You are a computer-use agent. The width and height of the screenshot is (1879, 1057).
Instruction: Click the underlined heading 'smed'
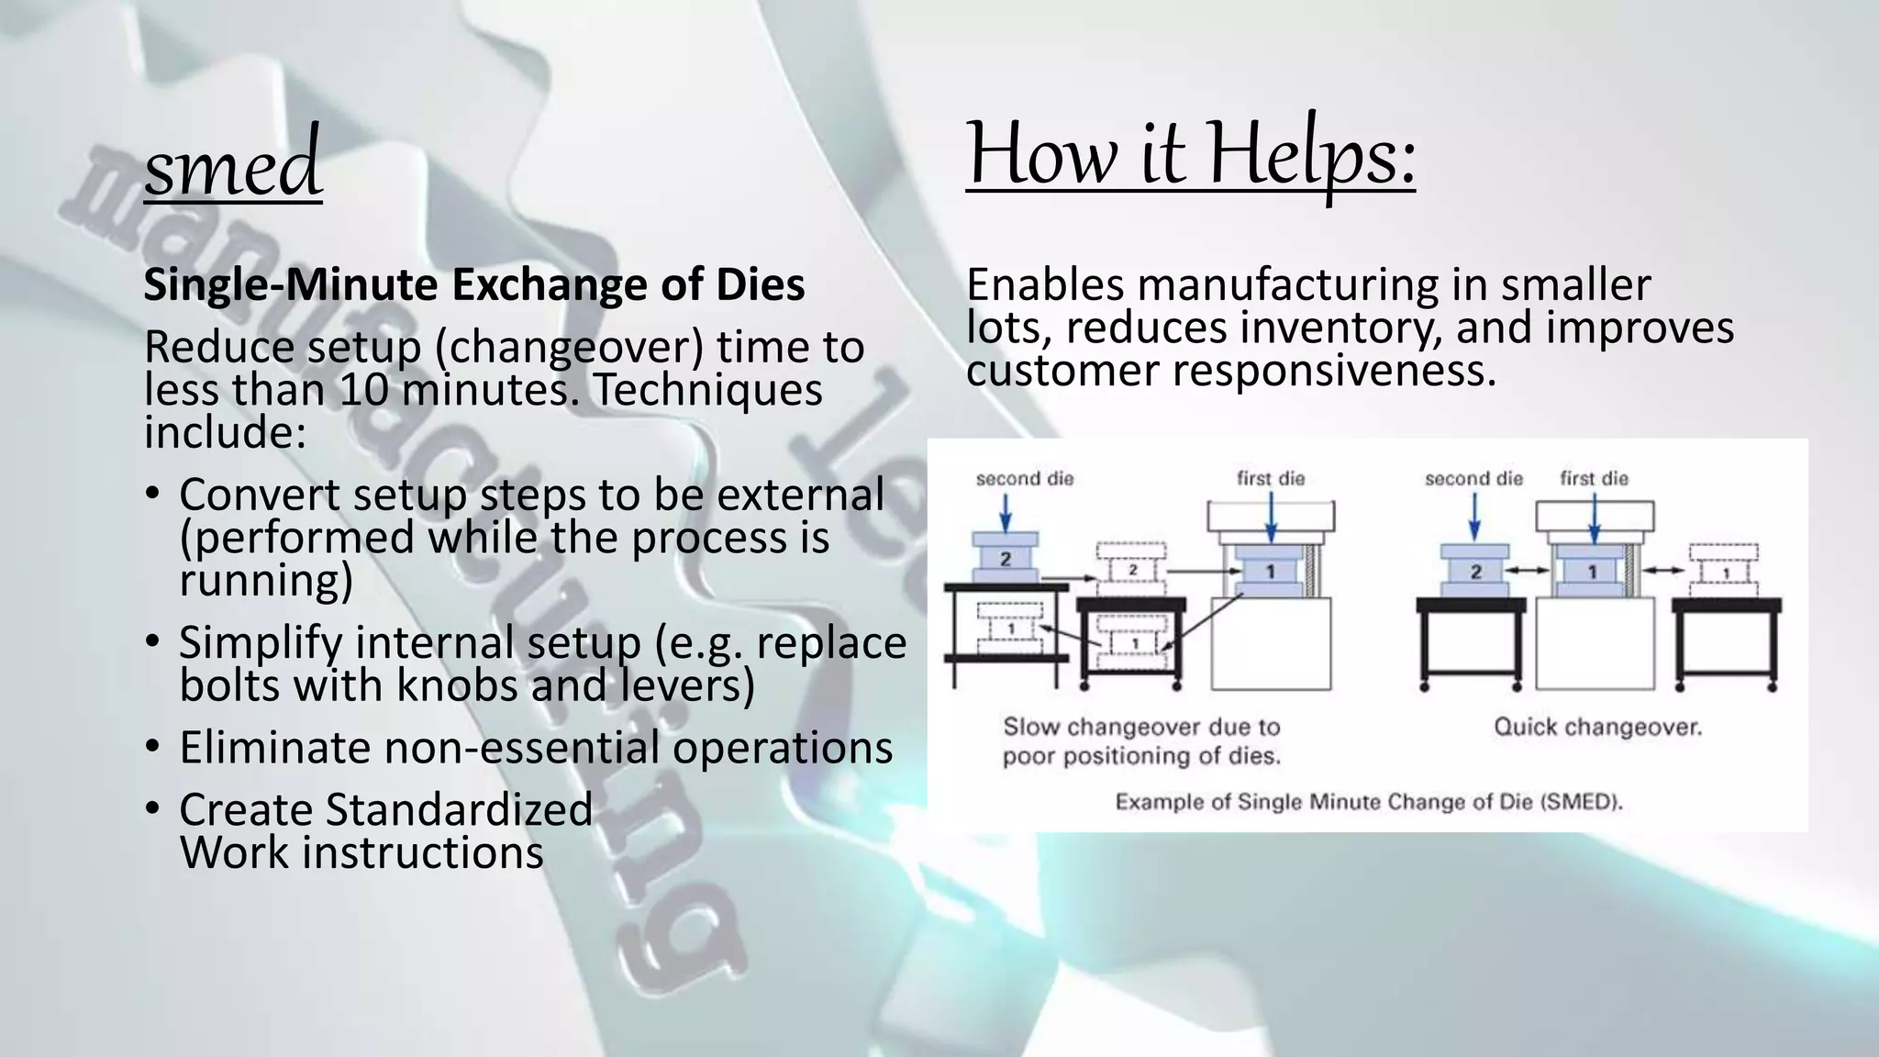[x=233, y=165]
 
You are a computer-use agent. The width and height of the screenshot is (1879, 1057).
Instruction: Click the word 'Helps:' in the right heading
[x=1311, y=154]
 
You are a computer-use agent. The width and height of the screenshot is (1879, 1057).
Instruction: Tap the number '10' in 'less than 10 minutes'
[x=364, y=390]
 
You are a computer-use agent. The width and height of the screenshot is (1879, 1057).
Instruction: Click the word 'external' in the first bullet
[x=800, y=495]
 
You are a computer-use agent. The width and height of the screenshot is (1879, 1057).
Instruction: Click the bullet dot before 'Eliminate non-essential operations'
[x=153, y=745]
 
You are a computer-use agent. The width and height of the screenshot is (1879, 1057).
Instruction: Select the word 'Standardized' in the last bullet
[x=459, y=809]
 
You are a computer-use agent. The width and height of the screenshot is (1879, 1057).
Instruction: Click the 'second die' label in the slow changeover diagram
[x=1024, y=479]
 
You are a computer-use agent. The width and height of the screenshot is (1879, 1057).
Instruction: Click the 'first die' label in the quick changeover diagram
[x=1594, y=479]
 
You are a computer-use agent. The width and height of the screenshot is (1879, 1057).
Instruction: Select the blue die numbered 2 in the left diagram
[x=1006, y=559]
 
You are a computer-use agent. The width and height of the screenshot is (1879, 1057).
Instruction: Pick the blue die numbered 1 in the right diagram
[x=1593, y=572]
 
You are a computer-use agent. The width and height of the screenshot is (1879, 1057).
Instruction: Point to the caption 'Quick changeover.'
[x=1597, y=728]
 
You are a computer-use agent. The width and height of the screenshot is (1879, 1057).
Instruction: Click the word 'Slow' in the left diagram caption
[x=1029, y=728]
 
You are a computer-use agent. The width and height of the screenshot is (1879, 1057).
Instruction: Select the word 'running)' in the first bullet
[x=266, y=581]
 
